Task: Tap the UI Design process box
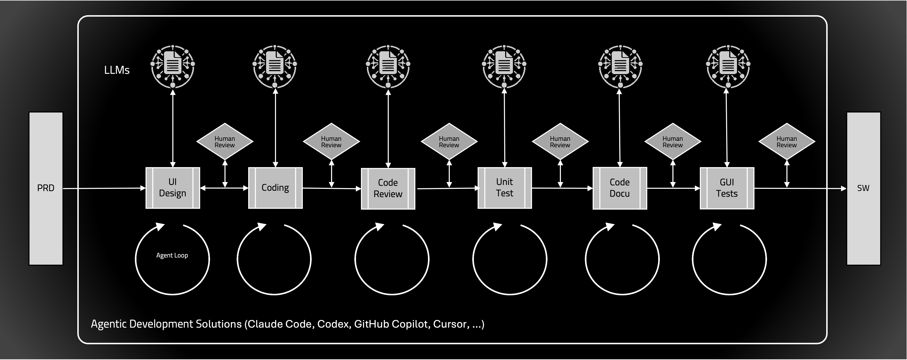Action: [173, 188]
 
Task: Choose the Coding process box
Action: [275, 188]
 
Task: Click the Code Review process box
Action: [388, 188]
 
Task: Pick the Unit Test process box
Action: [505, 188]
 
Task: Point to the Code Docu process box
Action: [620, 188]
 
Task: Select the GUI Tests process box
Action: [727, 188]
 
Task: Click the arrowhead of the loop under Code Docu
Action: [610, 227]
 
